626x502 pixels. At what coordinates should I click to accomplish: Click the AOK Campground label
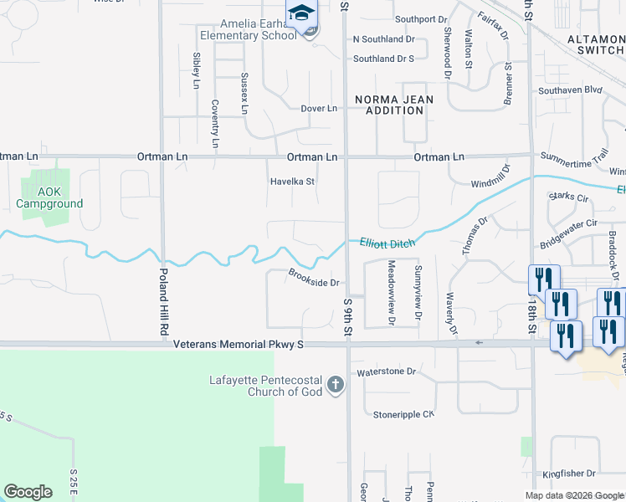(x=49, y=197)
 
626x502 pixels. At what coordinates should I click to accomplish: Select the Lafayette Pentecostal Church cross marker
(x=335, y=384)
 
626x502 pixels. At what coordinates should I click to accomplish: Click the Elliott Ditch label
(x=387, y=242)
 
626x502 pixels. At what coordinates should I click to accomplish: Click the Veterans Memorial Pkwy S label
(x=238, y=344)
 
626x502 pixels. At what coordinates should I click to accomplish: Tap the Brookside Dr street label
(x=313, y=277)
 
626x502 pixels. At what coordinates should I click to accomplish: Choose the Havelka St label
(x=291, y=181)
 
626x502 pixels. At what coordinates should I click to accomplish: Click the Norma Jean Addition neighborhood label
(x=394, y=105)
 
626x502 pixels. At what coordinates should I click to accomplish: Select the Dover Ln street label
(x=318, y=109)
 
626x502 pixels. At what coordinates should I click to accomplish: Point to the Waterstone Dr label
(x=386, y=371)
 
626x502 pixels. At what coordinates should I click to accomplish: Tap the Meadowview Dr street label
(x=391, y=291)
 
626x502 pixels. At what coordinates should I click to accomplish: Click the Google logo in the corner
(x=28, y=492)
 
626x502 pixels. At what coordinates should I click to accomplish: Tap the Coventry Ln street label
(x=215, y=123)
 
